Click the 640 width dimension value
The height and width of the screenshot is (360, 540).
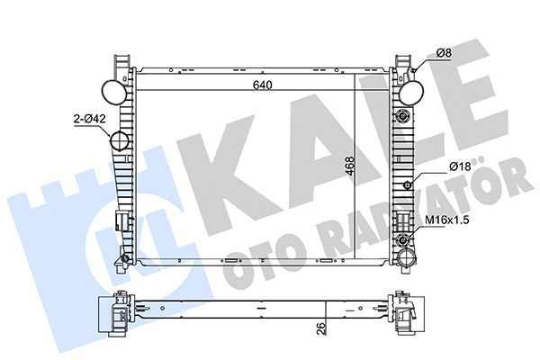click(262, 85)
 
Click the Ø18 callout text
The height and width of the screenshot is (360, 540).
click(460, 166)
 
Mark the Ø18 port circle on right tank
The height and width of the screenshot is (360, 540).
click(408, 185)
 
